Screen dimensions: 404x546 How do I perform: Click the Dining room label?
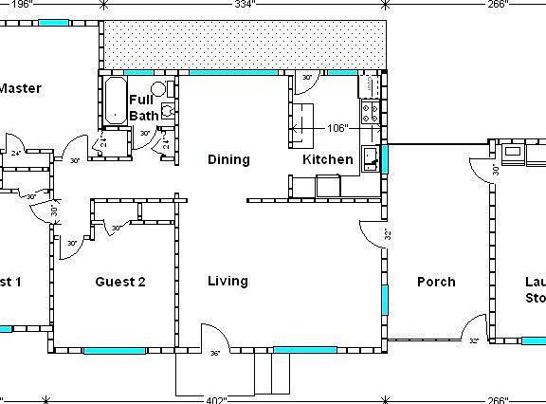[228, 159]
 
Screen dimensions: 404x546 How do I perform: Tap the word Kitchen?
[328, 159]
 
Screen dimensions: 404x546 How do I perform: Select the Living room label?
[227, 281]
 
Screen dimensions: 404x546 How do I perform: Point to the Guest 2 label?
[120, 281]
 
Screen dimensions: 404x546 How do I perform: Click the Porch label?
[436, 281]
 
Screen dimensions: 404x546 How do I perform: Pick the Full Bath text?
[143, 107]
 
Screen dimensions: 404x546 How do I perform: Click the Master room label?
[19, 88]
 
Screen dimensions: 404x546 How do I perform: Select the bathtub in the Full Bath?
[115, 101]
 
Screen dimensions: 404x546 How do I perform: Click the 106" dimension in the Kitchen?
[337, 126]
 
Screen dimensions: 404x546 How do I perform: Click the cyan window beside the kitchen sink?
[384, 157]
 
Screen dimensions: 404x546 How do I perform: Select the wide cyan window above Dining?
[232, 72]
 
